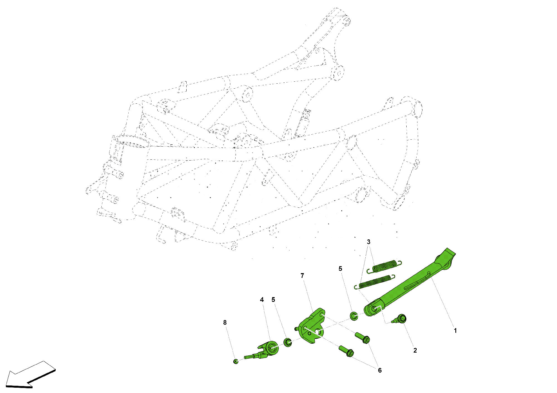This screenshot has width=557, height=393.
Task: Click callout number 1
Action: (455, 331)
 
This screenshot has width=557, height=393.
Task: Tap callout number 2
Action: (415, 350)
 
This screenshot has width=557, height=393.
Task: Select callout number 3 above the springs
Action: (368, 242)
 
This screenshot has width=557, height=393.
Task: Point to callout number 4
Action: (262, 300)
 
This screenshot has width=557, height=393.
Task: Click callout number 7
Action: (302, 276)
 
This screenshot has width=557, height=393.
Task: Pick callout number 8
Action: (225, 322)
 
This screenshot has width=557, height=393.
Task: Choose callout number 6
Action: (380, 370)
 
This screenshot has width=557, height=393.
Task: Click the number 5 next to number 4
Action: (273, 300)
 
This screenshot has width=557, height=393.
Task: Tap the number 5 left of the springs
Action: (340, 269)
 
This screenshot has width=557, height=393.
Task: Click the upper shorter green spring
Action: (384, 266)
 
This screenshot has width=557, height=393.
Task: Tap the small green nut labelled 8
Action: (236, 362)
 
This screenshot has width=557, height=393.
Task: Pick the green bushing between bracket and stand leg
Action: (354, 316)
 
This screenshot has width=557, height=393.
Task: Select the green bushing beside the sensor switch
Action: (288, 342)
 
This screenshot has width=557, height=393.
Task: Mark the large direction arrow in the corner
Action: (31, 374)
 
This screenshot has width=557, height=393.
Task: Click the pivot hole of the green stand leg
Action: (374, 309)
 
